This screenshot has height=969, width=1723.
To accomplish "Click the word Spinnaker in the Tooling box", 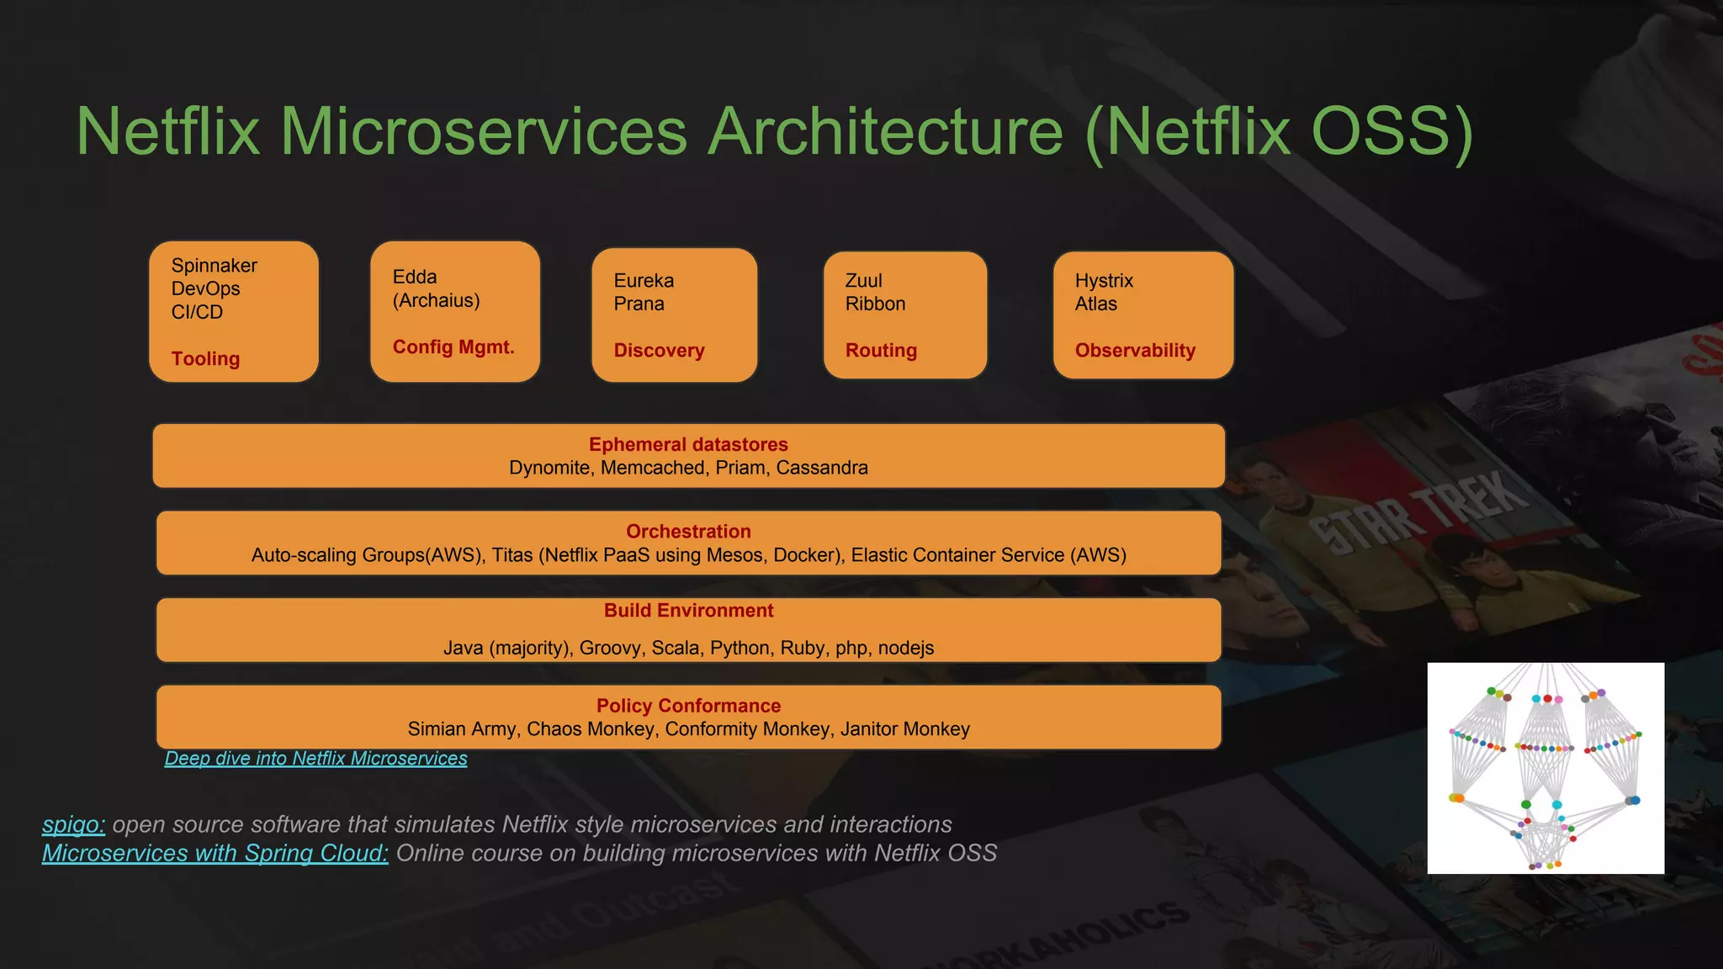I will (214, 266).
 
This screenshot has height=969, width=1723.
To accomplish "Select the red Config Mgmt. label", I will (453, 347).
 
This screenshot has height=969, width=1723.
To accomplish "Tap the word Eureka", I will (644, 281).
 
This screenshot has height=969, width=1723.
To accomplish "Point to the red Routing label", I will (881, 351).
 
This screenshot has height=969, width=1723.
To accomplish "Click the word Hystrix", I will (1104, 281).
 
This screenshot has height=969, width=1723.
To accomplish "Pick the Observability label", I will (1134, 351).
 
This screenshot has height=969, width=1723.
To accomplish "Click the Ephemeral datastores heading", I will (688, 445).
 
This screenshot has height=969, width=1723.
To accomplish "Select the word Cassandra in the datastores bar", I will (821, 469).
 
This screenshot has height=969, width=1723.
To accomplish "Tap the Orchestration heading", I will (688, 532).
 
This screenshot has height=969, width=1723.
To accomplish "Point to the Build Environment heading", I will (688, 611).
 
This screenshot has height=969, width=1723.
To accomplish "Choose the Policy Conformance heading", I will (688, 707).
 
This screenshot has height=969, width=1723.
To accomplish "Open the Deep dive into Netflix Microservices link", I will (315, 759).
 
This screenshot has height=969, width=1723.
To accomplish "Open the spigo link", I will (73, 825).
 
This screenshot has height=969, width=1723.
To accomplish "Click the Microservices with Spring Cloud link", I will (215, 854).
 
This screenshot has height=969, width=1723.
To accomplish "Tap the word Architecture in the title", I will (886, 132).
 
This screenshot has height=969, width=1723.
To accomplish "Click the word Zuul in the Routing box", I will (863, 281).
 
